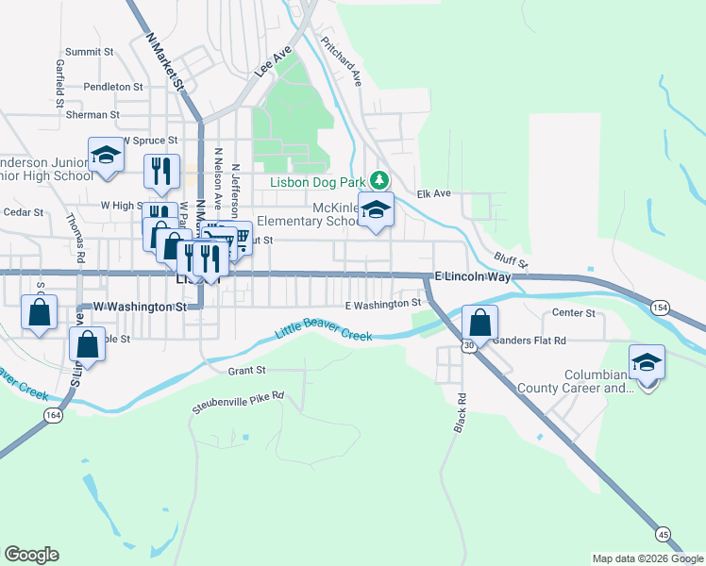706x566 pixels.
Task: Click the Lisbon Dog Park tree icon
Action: (378, 179)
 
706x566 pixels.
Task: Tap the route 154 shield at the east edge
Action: (660, 307)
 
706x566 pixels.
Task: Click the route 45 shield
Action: (664, 535)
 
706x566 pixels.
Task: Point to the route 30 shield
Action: (469, 346)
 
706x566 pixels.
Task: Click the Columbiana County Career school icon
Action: (647, 363)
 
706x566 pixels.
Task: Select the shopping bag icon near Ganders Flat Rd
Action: (480, 323)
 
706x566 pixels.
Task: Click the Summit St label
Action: (90, 52)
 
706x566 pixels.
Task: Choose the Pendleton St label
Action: (112, 86)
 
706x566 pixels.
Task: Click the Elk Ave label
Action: (434, 194)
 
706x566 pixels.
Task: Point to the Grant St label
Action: (247, 371)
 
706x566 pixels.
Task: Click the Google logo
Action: (31, 554)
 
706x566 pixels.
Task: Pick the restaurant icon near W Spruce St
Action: (161, 170)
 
